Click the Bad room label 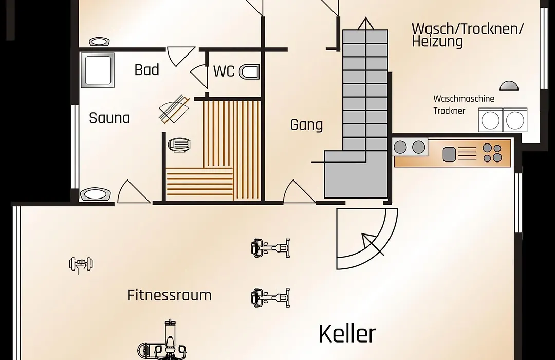click(146, 70)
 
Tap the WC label click(224, 71)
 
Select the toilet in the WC click(250, 72)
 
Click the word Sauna click(109, 118)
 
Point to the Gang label click(306, 125)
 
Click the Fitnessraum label click(170, 295)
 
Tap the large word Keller click(347, 334)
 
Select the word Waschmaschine click(464, 99)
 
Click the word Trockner click(449, 111)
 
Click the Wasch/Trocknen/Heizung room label click(467, 35)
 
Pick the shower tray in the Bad click(97, 70)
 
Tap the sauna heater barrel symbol click(179, 145)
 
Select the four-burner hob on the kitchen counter click(492, 153)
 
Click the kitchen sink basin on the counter click(449, 154)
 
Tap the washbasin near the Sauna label click(95, 194)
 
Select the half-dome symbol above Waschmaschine click(509, 85)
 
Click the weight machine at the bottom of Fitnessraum click(163, 340)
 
